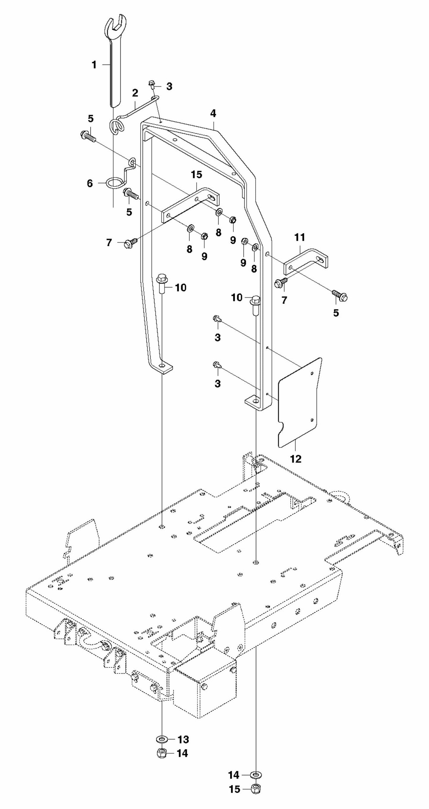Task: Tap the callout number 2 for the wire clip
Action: (135, 93)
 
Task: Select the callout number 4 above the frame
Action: (213, 113)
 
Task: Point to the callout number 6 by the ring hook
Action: (90, 183)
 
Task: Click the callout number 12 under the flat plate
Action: (296, 459)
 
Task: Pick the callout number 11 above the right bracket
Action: (300, 237)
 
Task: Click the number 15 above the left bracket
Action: (197, 175)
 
